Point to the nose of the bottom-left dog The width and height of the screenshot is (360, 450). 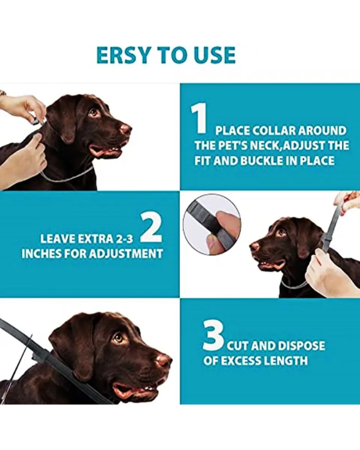[165, 360]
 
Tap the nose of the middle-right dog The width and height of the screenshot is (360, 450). [254, 246]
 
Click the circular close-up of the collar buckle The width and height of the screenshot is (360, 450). [212, 224]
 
